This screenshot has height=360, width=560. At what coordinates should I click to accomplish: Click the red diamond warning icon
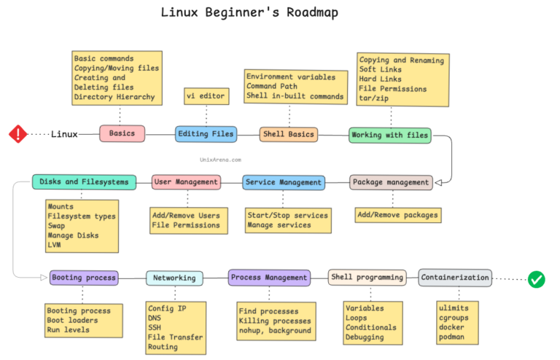click(x=17, y=134)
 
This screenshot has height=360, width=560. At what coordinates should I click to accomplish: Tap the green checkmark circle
click(x=537, y=279)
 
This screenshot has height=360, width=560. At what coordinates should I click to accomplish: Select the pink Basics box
click(x=122, y=134)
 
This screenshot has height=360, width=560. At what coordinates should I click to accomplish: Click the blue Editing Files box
click(x=206, y=134)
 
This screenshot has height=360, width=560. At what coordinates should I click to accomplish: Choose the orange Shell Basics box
click(x=289, y=134)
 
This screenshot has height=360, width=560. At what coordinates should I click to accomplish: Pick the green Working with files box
click(x=390, y=135)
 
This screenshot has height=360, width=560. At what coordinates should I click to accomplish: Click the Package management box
click(x=392, y=181)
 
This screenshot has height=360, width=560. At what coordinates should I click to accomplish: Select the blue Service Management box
click(x=284, y=182)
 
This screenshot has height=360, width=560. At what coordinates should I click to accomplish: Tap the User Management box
click(x=186, y=181)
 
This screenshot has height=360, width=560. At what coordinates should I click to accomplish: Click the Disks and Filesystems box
click(x=84, y=181)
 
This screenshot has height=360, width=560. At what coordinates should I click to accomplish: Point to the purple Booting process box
click(x=83, y=278)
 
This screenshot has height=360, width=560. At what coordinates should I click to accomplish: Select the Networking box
click(x=174, y=278)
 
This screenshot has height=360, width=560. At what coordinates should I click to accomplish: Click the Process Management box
click(x=269, y=277)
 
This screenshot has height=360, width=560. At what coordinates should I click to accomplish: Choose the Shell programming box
click(x=367, y=277)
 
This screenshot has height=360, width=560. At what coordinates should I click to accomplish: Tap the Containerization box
click(x=456, y=277)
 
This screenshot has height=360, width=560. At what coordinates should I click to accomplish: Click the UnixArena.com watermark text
click(x=219, y=158)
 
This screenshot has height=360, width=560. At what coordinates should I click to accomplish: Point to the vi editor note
click(x=206, y=96)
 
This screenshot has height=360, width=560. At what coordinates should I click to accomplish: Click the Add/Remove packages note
click(x=398, y=215)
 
